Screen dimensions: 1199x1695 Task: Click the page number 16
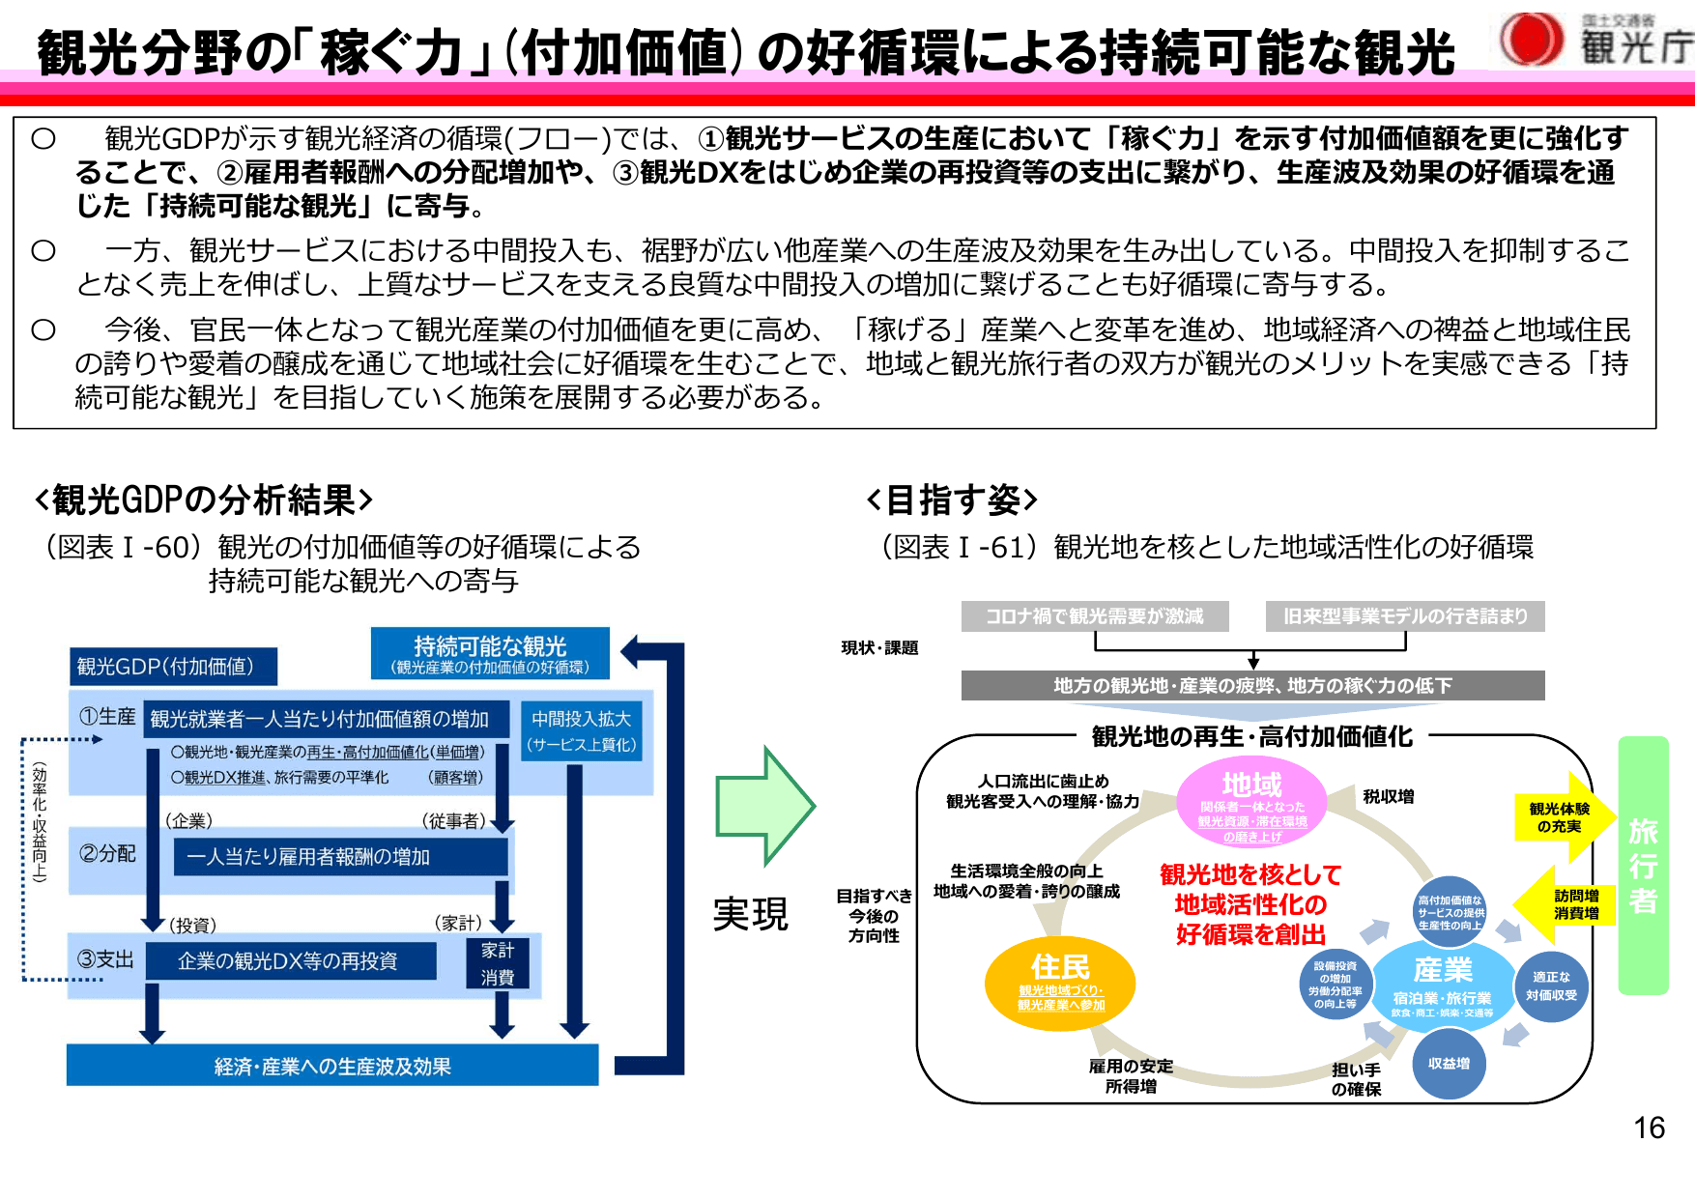point(1649,1128)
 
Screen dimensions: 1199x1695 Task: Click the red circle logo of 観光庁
point(1531,40)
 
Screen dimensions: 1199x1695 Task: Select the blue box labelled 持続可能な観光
point(490,653)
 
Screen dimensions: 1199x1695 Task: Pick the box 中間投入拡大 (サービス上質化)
point(581,731)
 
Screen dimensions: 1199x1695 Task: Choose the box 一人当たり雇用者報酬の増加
point(340,857)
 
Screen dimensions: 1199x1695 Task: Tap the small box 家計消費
point(498,963)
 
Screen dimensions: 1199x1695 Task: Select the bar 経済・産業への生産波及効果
point(332,1066)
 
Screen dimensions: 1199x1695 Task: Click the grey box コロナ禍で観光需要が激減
point(1095,616)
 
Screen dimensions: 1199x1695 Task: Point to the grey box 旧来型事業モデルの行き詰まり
point(1405,616)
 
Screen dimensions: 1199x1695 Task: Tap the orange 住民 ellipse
point(1060,983)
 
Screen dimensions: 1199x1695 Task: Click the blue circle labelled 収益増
point(1449,1064)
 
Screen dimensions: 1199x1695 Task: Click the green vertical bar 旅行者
point(1643,866)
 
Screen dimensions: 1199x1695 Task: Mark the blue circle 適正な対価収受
point(1551,985)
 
